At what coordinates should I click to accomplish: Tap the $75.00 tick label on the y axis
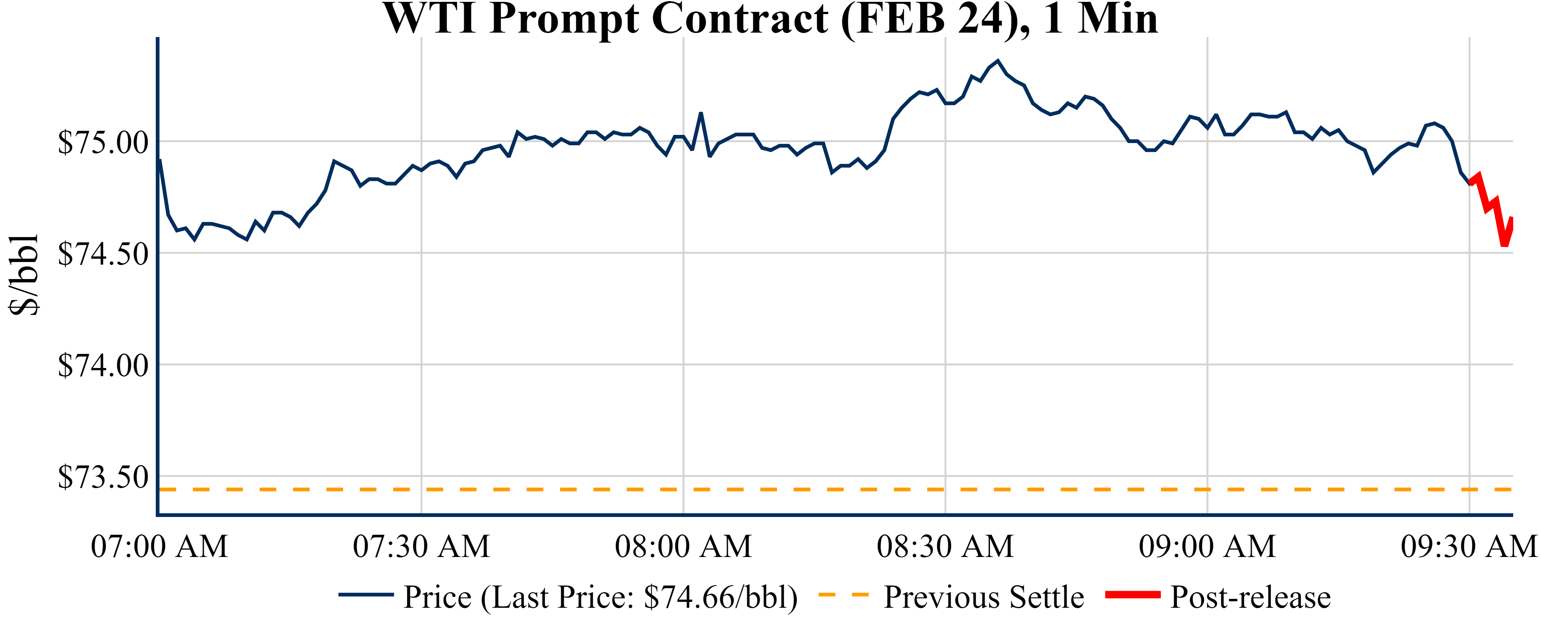pyautogui.click(x=103, y=142)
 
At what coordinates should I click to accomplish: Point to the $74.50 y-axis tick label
pyautogui.click(x=103, y=254)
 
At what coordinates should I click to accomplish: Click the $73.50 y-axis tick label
pyautogui.click(x=103, y=477)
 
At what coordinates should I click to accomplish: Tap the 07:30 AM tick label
pyautogui.click(x=421, y=546)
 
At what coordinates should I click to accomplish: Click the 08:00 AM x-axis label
pyautogui.click(x=683, y=546)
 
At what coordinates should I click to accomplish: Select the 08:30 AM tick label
pyautogui.click(x=945, y=546)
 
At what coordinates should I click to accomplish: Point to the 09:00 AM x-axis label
pyautogui.click(x=1207, y=546)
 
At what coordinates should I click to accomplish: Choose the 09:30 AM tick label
pyautogui.click(x=1469, y=546)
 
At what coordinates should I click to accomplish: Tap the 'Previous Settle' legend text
pyautogui.click(x=984, y=597)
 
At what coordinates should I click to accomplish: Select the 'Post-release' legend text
pyautogui.click(x=1250, y=597)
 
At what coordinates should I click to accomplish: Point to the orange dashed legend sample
pyautogui.click(x=843, y=595)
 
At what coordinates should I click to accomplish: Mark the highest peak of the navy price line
pyautogui.click(x=997, y=61)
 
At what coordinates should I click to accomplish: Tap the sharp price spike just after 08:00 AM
pyautogui.click(x=701, y=113)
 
